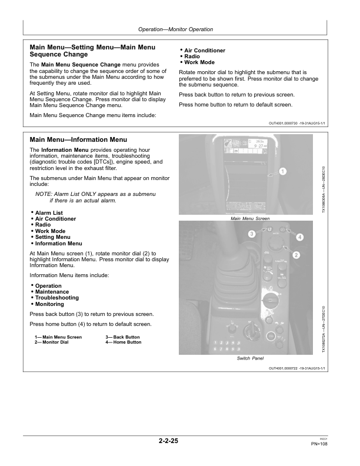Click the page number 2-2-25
pos(168,441)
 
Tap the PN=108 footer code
pos(319,444)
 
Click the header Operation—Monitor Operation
pos(175,29)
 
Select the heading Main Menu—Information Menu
pos(78,139)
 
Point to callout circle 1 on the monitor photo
pos(283,171)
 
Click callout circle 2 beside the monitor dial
pos(296,255)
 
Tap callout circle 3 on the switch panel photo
pos(252,234)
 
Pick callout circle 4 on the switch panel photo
pos(300,237)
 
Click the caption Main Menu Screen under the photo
pos(250,218)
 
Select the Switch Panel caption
pos(250,358)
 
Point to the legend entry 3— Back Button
pos(122,337)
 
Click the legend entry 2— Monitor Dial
pos(51,342)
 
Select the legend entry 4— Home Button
pos(124,342)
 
